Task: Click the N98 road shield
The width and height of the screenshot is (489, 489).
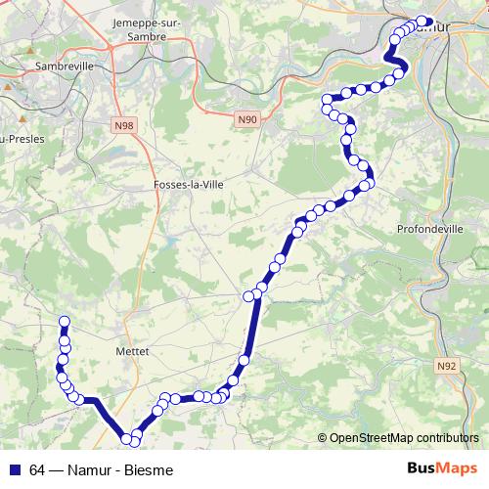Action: click(x=124, y=126)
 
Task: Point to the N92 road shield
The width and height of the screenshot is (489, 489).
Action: click(x=446, y=366)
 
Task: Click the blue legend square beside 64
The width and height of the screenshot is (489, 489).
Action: click(x=16, y=467)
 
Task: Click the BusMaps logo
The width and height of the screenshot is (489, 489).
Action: click(x=442, y=467)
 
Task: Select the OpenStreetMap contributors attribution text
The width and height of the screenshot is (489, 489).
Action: click(x=405, y=438)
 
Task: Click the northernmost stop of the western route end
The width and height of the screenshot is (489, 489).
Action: click(x=66, y=322)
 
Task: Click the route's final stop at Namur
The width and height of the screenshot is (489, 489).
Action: click(x=423, y=22)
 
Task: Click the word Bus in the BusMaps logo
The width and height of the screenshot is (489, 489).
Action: click(x=422, y=467)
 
